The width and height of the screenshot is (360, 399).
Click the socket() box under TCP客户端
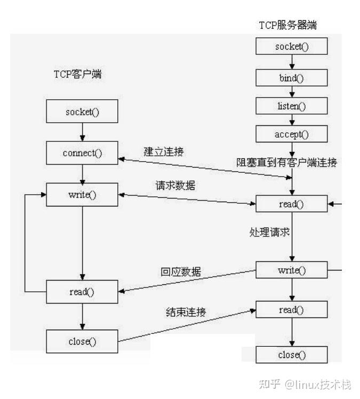82,112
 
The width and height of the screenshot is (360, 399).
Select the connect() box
82,153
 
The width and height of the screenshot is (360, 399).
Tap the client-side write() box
82,194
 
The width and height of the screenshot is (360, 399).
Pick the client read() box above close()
82,292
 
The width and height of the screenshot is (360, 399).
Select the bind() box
292,77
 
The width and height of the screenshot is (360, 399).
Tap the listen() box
292,106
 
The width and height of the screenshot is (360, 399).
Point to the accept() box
292,134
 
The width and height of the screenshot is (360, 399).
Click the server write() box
292,270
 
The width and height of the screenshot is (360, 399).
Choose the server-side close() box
292,354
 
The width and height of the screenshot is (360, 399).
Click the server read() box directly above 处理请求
292,204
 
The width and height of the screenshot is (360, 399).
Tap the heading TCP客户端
77,74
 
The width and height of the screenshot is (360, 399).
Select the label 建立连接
164,151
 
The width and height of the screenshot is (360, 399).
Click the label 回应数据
181,272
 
